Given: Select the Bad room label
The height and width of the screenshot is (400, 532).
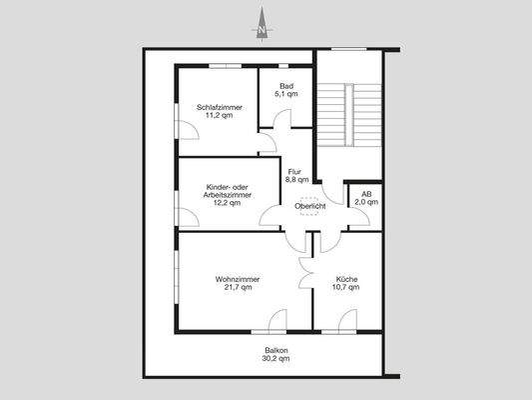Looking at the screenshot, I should coord(285,87).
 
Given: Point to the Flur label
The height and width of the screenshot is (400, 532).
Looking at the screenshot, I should coord(295,172).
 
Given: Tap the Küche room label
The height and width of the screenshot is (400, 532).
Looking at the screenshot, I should coord(345,279).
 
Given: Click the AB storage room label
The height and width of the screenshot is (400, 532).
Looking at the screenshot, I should coord(365,194).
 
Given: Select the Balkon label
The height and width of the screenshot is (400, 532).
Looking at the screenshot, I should coord(275,349).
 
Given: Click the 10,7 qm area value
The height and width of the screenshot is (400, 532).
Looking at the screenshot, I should coord(345,288).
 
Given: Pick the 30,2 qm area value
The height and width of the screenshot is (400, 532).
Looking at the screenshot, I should coord(275,358).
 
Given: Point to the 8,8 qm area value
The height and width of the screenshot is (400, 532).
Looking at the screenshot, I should coord(295,181).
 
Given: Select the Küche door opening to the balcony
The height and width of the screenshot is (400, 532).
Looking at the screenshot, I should coord(344,322).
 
